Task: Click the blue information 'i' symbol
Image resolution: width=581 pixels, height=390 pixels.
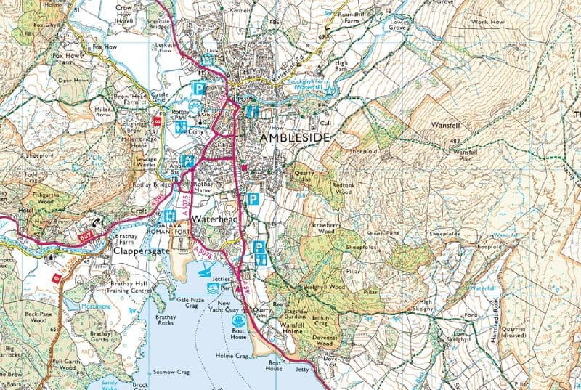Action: point(252,111)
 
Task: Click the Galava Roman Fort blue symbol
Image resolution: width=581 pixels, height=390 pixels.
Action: point(169,216)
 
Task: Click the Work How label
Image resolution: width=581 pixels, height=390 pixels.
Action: point(488,23)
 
